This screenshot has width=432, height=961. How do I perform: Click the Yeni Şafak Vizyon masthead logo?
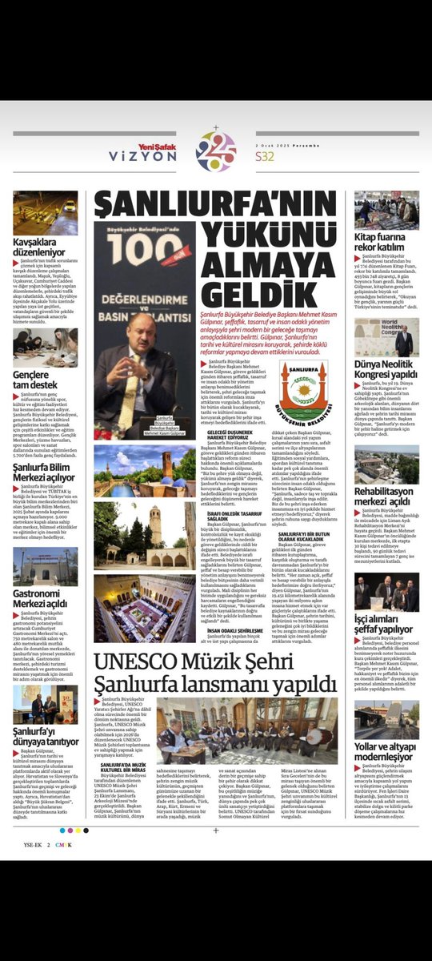tap(148, 152)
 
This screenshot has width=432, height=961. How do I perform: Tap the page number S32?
tap(265, 156)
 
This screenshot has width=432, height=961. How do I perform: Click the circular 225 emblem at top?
tap(215, 151)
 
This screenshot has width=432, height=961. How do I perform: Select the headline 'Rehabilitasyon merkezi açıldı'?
tap(387, 497)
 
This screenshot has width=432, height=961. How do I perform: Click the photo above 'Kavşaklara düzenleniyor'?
tap(46, 212)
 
